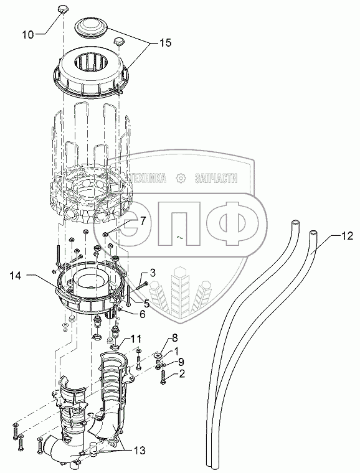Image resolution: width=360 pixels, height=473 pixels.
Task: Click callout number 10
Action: tap(28, 34)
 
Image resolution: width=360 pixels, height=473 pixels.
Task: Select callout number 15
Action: tap(165, 42)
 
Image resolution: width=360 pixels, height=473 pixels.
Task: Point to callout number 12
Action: tap(347, 236)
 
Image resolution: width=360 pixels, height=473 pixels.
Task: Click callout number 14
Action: tap(15, 276)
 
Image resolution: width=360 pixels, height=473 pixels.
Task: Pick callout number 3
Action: tap(153, 273)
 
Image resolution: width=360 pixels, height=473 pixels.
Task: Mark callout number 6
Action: tap(142, 314)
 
